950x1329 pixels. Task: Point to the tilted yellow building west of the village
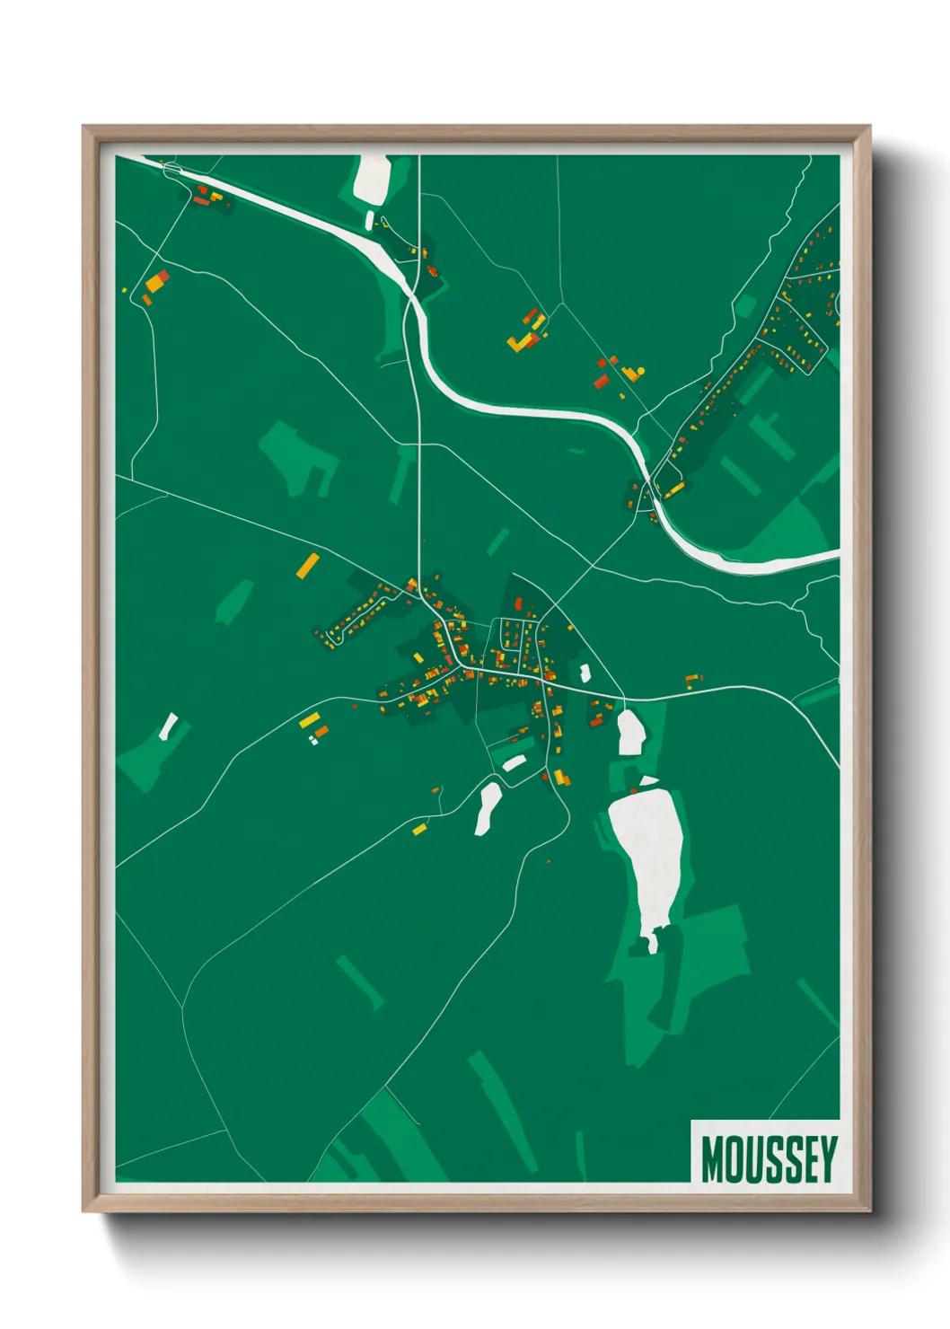click(x=308, y=565)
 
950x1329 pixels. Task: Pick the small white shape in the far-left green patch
click(x=168, y=726)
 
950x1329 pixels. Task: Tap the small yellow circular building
click(x=641, y=370)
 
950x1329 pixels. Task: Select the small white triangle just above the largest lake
click(x=647, y=781)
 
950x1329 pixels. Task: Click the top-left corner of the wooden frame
click(x=84, y=127)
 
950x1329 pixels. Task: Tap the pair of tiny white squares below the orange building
click(x=312, y=741)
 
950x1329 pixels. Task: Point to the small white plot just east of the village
click(x=585, y=672)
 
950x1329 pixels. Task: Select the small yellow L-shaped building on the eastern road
click(x=691, y=680)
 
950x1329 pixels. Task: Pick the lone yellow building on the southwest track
click(x=418, y=829)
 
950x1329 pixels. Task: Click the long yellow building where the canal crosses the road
click(x=674, y=488)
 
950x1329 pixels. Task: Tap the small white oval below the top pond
click(x=369, y=220)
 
